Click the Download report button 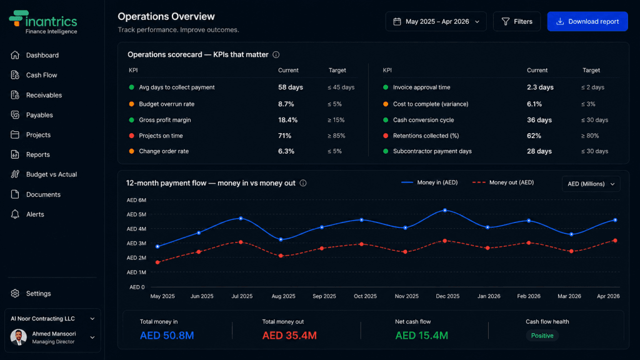587,21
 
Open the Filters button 517,21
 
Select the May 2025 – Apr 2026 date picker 436,21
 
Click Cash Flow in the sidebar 41,75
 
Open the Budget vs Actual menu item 51,174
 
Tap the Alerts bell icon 15,214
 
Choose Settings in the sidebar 38,294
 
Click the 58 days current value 291,87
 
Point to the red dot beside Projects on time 131,136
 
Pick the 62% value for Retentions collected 534,136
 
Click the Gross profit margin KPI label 165,120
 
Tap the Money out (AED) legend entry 503,182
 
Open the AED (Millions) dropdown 591,184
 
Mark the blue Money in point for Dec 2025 445,211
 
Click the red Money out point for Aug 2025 281,256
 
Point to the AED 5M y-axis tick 136,214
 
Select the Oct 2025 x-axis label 365,296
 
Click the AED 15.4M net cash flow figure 422,336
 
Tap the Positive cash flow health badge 542,336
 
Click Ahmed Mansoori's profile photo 18,337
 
